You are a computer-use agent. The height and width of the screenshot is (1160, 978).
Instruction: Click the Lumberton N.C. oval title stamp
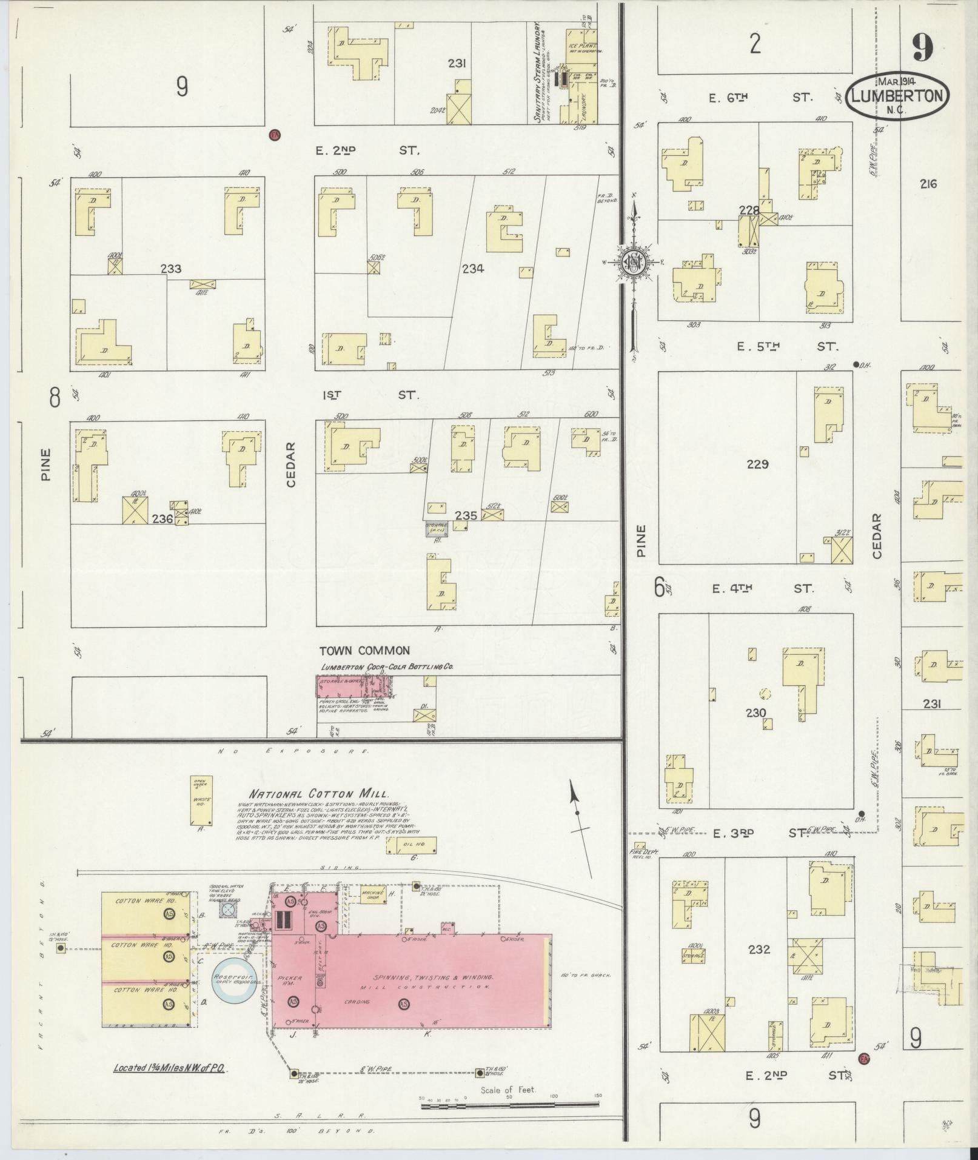(x=898, y=96)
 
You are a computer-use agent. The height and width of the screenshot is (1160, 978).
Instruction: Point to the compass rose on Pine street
(x=633, y=263)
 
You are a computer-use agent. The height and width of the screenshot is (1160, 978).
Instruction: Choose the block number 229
(x=757, y=464)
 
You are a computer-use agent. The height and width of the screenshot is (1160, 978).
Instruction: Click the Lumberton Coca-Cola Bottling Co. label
(x=387, y=666)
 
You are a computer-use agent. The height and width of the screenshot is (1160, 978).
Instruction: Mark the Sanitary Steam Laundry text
(x=537, y=72)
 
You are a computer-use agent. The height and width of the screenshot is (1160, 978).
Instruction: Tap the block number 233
(x=171, y=269)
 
